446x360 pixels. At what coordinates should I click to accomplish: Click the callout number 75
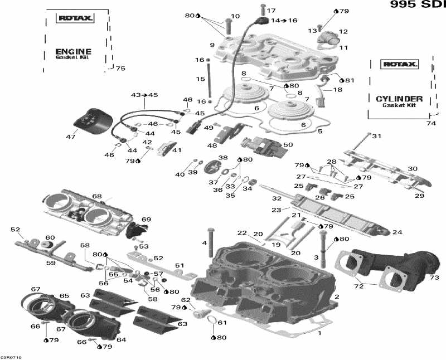[120, 69]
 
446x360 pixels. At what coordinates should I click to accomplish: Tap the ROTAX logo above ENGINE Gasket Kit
[76, 18]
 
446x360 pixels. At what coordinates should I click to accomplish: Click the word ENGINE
[73, 51]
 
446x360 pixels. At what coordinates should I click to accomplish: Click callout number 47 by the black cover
[71, 137]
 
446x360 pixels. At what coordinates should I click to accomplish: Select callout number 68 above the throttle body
[97, 196]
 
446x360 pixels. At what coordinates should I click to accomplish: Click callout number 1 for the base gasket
[319, 333]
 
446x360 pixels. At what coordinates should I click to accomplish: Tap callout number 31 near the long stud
[377, 137]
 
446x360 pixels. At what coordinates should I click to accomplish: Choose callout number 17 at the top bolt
[272, 11]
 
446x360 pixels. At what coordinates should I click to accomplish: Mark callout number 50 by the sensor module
[288, 145]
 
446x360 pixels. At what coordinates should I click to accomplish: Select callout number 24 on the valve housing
[397, 232]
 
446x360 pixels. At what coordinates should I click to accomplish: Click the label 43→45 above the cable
[144, 95]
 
